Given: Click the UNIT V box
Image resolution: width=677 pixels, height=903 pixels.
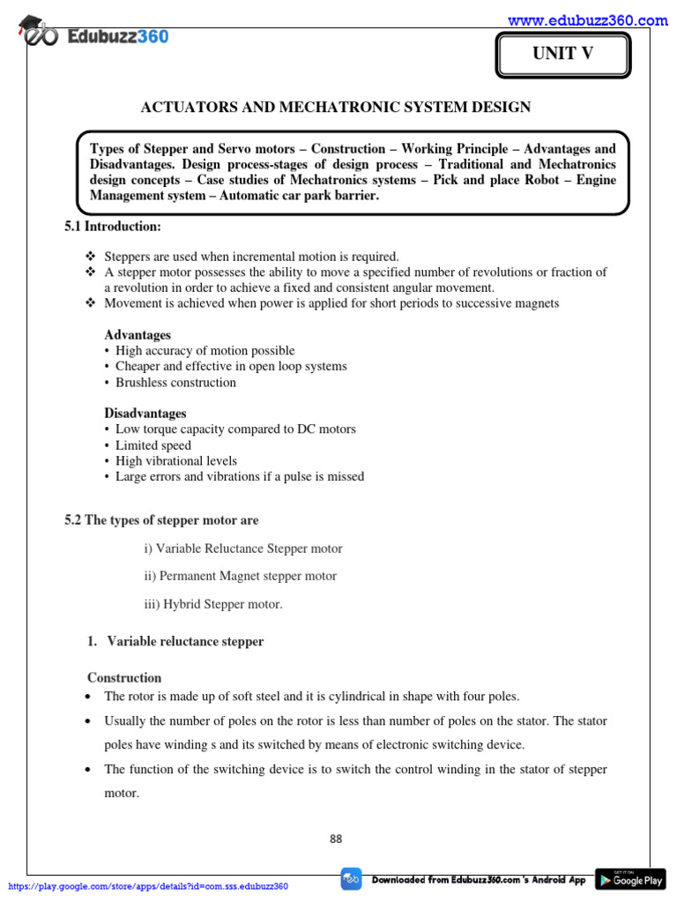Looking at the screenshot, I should point(562,55).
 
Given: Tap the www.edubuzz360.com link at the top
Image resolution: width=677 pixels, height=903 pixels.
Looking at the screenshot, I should point(588,20).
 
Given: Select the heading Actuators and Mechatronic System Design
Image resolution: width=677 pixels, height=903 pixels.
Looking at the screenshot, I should point(336,108).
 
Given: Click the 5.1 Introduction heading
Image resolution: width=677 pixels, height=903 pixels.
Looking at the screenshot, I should point(113,227).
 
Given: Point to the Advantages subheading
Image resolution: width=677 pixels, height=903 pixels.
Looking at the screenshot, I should point(138,335).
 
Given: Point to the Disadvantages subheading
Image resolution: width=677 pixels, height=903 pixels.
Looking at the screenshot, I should point(145,413).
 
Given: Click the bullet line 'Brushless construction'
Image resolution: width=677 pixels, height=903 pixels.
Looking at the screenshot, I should point(175,383).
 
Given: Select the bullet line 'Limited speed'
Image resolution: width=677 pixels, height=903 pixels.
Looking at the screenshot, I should point(153,445).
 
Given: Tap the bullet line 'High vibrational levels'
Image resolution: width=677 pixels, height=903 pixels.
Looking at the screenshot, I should point(175,461).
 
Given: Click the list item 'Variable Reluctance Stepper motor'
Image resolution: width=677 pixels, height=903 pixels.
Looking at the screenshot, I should point(242,549).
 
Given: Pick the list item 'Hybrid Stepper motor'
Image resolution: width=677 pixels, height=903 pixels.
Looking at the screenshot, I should point(213,604).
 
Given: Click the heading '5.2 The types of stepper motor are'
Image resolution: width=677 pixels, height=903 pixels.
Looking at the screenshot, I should point(161,520).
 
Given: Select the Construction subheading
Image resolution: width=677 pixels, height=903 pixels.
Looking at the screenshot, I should point(124,678).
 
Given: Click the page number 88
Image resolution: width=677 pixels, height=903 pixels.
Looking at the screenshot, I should point(336,839).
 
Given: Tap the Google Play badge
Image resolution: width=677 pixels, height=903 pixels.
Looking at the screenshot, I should point(629,879).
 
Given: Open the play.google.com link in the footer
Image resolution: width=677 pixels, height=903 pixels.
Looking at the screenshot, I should point(148,886).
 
